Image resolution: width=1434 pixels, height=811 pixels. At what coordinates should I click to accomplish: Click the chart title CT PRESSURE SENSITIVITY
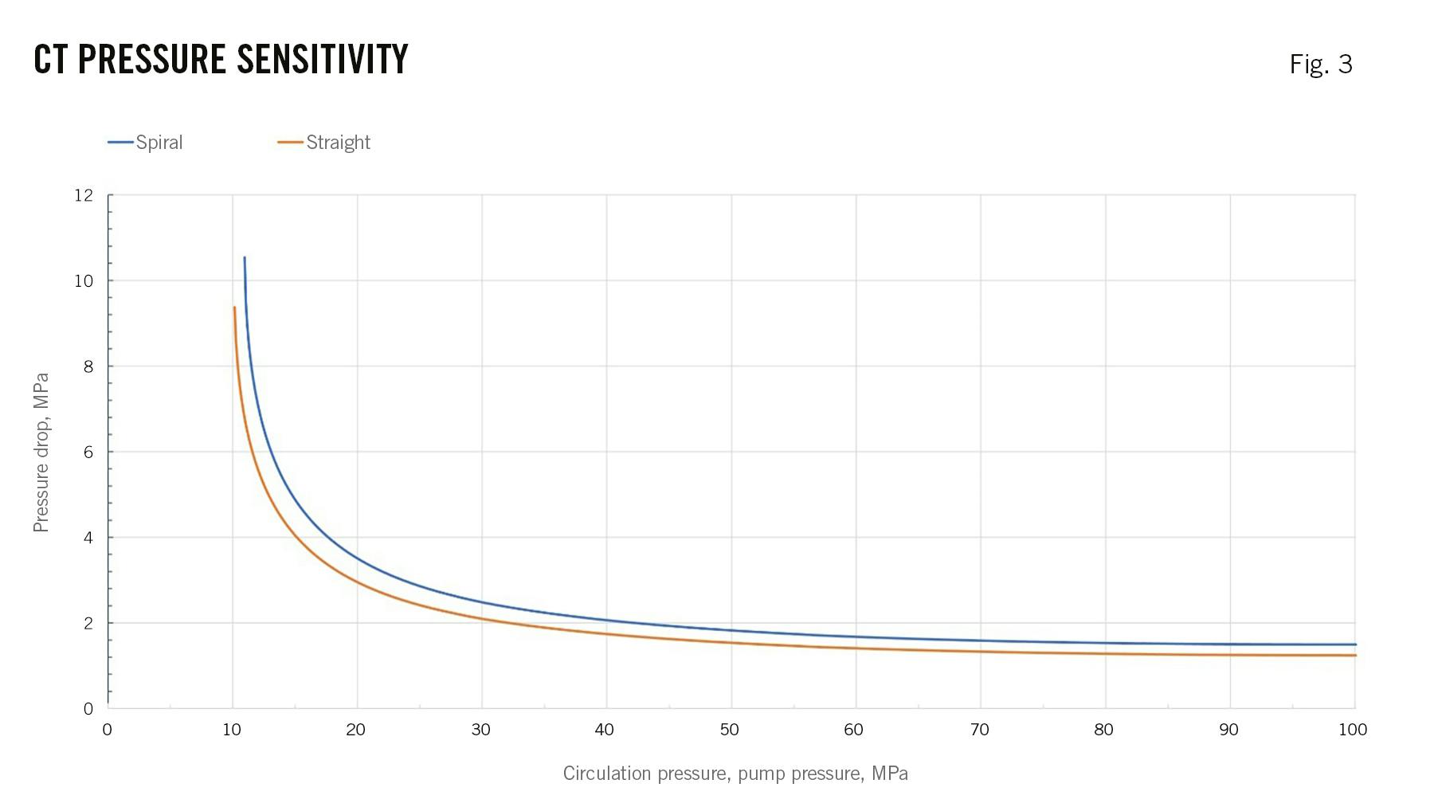(x=221, y=60)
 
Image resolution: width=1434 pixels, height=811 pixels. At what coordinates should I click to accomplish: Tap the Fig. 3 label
(x=1321, y=64)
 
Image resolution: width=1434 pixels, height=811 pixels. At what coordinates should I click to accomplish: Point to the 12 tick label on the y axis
(x=84, y=195)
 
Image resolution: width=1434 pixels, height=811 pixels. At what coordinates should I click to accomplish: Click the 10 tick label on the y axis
(x=84, y=280)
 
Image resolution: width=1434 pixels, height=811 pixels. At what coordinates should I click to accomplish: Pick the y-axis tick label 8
(x=88, y=366)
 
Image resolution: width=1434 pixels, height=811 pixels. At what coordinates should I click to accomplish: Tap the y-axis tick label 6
(x=88, y=452)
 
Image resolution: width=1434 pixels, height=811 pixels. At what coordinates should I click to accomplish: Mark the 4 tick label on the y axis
(x=88, y=538)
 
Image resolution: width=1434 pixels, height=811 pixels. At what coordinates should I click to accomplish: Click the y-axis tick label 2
(x=88, y=623)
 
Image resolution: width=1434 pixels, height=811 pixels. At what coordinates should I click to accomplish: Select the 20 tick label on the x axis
(x=356, y=730)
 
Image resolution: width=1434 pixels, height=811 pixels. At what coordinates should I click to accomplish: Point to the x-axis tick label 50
(x=730, y=730)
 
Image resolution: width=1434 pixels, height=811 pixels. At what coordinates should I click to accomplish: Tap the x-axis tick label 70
(x=979, y=730)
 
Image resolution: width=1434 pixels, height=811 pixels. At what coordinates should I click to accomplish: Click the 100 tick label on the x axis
(x=1353, y=730)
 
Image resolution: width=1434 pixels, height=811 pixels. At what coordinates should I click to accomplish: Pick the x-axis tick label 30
(x=480, y=730)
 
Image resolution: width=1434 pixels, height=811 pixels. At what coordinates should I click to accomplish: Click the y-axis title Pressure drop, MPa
(x=41, y=452)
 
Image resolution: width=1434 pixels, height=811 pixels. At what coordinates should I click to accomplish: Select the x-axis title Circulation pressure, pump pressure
(x=735, y=774)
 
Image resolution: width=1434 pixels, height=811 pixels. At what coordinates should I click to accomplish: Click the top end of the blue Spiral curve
(x=245, y=258)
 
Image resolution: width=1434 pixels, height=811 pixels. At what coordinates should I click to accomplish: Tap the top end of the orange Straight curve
(x=234, y=308)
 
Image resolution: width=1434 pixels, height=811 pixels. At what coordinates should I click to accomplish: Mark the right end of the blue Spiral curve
(x=1354, y=644)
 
